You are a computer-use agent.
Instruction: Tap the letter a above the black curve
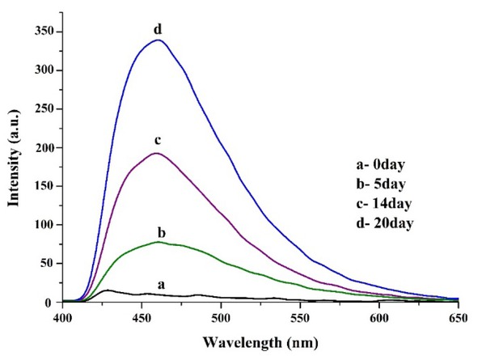tap(161, 284)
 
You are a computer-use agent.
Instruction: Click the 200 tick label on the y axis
tap(43, 147)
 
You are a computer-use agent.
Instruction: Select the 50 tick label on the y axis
tap(46, 264)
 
